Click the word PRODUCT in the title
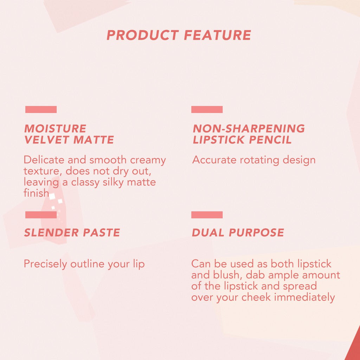tap(143, 35)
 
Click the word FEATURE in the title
tap(217, 35)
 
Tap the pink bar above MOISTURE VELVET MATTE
tap(41, 110)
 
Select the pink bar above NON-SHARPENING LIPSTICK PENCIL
tap(207, 110)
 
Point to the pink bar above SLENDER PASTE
tap(41, 215)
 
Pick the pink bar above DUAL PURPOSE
tap(207, 215)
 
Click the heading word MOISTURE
tap(55, 128)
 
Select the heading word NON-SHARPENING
tap(249, 128)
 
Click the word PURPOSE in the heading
tap(256, 233)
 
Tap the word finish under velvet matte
tap(36, 193)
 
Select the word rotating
tap(259, 160)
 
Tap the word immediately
tap(304, 297)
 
